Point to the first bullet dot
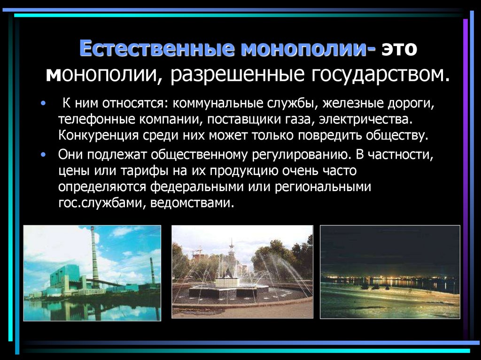[44, 103]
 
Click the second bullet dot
[44, 153]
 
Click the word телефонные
[96, 119]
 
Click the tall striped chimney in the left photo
[94, 256]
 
